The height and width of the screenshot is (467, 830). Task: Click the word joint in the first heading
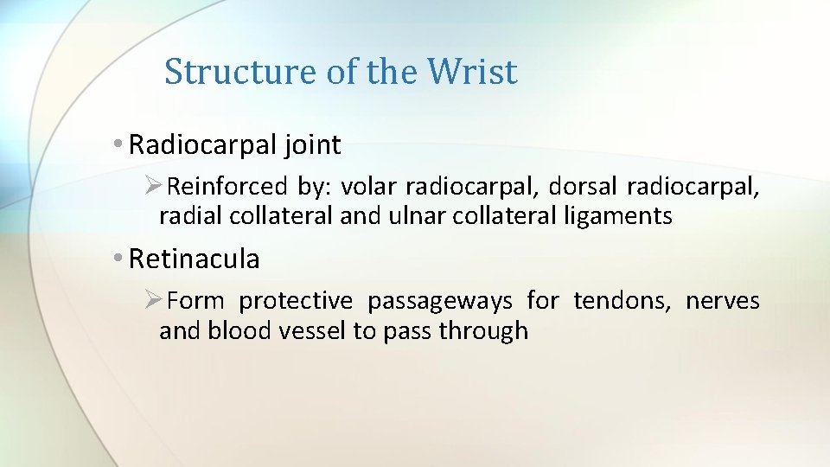click(x=311, y=145)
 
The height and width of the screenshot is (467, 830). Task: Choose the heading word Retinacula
click(x=194, y=258)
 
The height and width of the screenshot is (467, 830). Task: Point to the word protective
click(x=296, y=301)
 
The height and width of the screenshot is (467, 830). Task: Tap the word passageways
click(x=439, y=301)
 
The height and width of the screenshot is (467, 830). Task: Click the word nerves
click(x=723, y=301)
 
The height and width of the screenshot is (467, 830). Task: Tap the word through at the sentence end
click(x=483, y=330)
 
